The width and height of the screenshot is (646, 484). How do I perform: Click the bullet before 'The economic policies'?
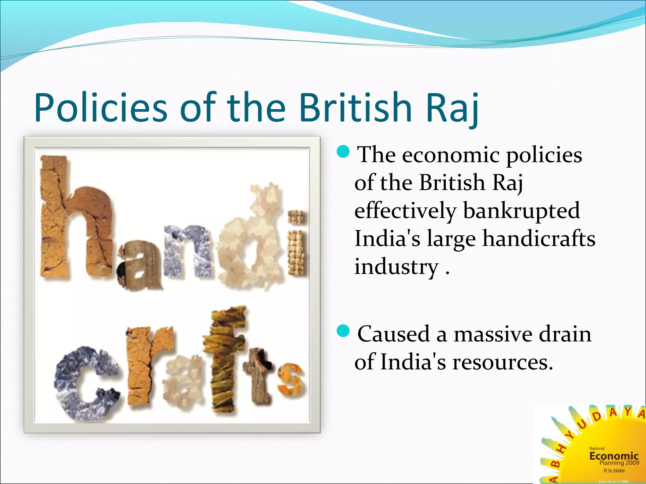tap(343, 152)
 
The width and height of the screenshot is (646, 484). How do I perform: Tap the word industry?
tap(396, 267)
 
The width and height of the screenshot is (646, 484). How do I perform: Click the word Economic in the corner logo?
tap(614, 456)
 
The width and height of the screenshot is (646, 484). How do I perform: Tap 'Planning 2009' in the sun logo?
tap(619, 463)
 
